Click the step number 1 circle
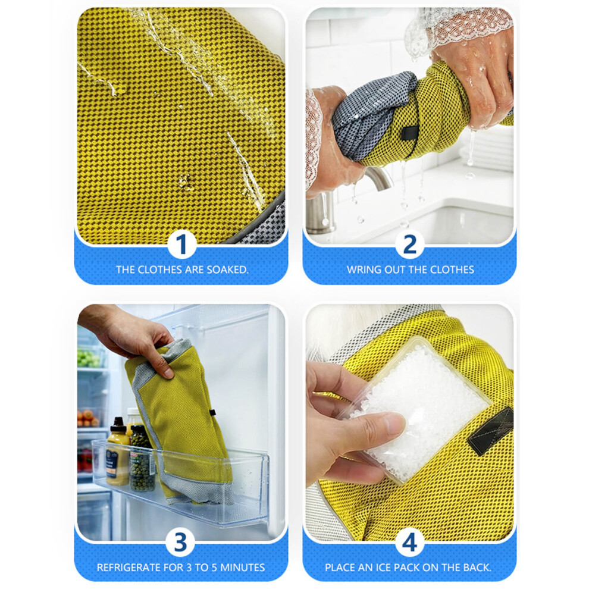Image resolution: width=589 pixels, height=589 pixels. coord(181,244)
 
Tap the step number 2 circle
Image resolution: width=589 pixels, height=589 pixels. coord(409,244)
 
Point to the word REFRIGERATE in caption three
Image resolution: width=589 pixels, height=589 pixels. coord(129,567)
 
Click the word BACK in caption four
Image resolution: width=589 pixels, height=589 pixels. coord(477,567)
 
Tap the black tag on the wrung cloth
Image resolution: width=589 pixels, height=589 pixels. coord(411,132)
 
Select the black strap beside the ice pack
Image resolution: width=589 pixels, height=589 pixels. coord(491,430)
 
